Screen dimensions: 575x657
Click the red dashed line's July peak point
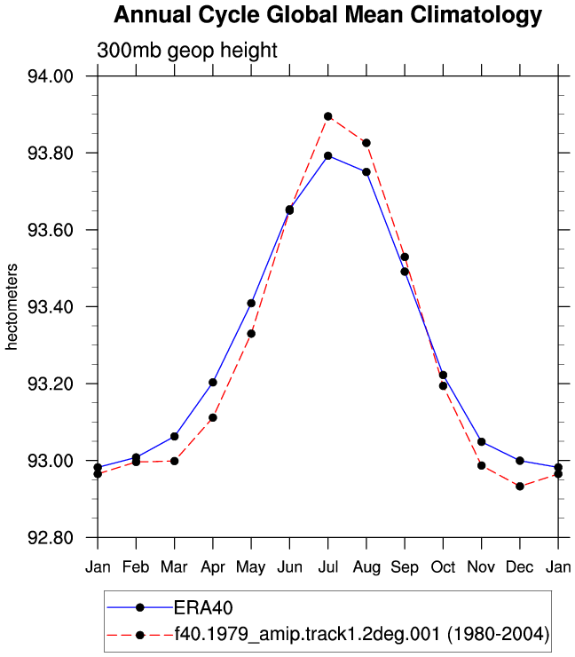(328, 116)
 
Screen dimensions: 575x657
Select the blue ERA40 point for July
(328, 156)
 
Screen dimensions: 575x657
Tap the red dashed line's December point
(520, 487)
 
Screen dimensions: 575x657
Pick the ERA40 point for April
(213, 382)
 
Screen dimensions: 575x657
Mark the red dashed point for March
(174, 461)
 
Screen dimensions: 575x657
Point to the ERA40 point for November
(481, 441)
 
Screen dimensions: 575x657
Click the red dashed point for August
(366, 143)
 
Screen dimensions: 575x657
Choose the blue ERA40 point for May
(251, 303)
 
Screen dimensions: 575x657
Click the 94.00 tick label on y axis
(51, 76)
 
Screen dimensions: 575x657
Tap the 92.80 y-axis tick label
(51, 537)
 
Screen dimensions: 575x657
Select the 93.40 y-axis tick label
(51, 307)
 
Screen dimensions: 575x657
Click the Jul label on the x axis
(328, 567)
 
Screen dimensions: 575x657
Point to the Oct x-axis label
(443, 567)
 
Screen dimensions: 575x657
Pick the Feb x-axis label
(136, 567)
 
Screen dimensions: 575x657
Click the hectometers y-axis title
(12, 306)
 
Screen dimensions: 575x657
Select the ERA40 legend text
(203, 607)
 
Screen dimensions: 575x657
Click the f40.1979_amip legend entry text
(362, 634)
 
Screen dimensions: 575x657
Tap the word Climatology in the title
(477, 15)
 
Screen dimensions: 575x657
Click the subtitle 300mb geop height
(186, 51)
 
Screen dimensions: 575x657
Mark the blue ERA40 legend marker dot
(140, 607)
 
